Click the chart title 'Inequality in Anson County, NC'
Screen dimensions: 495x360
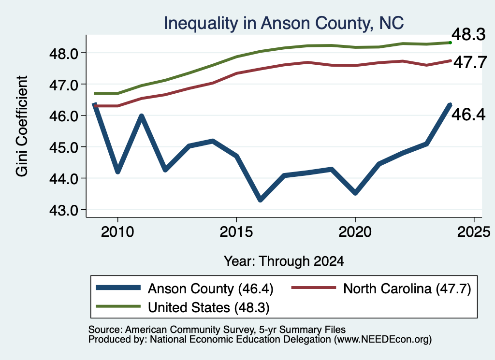click(x=283, y=24)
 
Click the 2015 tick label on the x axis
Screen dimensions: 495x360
click(x=236, y=232)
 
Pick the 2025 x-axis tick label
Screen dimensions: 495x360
click(x=474, y=232)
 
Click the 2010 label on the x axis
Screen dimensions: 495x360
click(x=117, y=232)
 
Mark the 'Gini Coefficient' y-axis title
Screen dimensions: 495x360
click(x=22, y=126)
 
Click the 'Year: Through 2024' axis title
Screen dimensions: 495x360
click(x=284, y=261)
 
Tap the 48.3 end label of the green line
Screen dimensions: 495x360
click(x=468, y=34)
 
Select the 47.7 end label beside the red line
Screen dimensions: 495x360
click(x=470, y=62)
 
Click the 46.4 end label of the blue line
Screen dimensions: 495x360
click(x=468, y=114)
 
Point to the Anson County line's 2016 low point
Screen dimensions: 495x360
click(x=260, y=200)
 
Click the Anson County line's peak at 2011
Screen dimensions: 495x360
click(x=142, y=116)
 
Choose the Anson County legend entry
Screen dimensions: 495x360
click(x=185, y=288)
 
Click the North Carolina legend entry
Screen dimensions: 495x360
click(x=381, y=288)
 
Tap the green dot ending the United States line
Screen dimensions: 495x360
click(x=450, y=43)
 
